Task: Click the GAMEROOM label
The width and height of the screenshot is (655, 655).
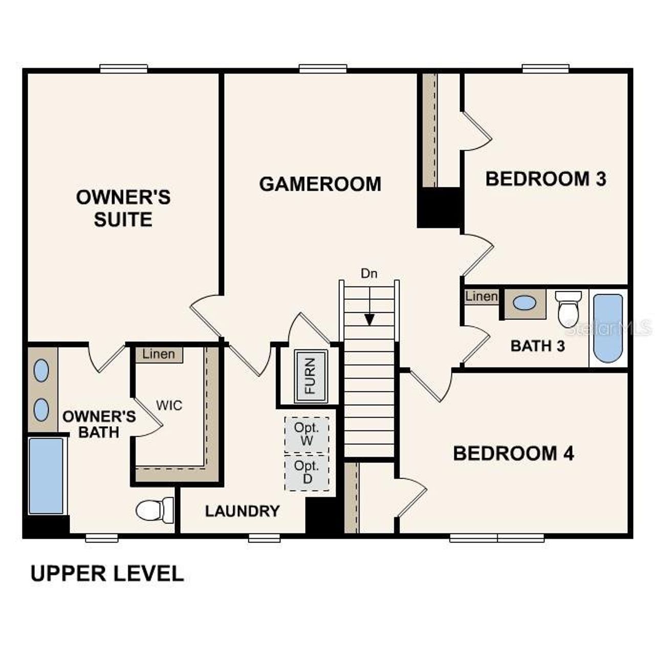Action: [320, 184]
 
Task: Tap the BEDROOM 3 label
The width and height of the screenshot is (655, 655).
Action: [545, 179]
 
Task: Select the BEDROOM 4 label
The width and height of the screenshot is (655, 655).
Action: [513, 453]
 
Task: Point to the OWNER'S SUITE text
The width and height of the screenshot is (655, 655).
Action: [123, 208]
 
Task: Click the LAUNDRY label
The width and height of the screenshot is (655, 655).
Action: [242, 511]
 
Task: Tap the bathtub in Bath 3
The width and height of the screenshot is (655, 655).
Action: [608, 327]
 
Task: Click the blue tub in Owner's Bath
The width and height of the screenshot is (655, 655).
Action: [46, 475]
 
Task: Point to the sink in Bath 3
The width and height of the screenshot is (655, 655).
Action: [525, 303]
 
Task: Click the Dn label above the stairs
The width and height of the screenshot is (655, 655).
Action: [369, 274]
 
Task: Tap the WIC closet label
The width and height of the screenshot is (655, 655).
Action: [169, 406]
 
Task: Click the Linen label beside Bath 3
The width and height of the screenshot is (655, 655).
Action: [481, 296]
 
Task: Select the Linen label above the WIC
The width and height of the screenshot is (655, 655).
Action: [159, 354]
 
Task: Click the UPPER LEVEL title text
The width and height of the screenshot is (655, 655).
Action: [107, 574]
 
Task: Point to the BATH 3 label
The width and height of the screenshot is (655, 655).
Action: [537, 346]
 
